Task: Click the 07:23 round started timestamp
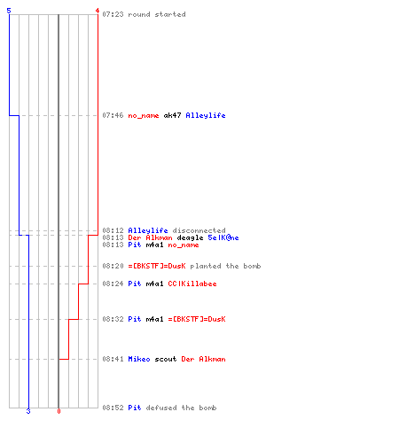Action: [113, 14]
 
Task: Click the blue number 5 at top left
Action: [9, 11]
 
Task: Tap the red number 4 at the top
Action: [98, 11]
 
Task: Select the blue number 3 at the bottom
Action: [28, 411]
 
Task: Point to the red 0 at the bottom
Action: [59, 411]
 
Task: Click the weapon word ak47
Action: [172, 115]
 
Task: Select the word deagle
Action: [190, 237]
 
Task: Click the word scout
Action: [166, 359]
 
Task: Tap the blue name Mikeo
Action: [139, 359]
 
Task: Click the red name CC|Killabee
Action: [192, 284]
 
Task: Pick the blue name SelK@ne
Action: [223, 237]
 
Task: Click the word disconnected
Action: [199, 230]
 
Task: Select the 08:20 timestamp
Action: [113, 266]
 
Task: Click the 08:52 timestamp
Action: [113, 408]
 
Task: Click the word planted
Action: [206, 266]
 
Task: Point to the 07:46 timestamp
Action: [113, 115]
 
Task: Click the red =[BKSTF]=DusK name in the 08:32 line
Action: [197, 319]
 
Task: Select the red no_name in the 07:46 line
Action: [144, 115]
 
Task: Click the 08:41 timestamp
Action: [113, 359]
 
